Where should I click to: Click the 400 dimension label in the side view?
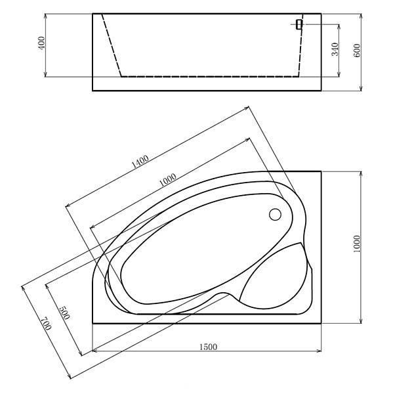click(42, 43)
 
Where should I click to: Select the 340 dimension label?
click(335, 49)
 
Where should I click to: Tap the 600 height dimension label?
click(357, 51)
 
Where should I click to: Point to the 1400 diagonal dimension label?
click(140, 162)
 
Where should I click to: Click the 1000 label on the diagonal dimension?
click(168, 180)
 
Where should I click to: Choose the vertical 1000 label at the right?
click(356, 244)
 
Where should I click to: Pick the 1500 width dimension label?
click(208, 347)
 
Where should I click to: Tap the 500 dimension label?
click(64, 313)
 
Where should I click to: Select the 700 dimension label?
click(47, 323)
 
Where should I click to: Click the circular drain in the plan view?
click(275, 215)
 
